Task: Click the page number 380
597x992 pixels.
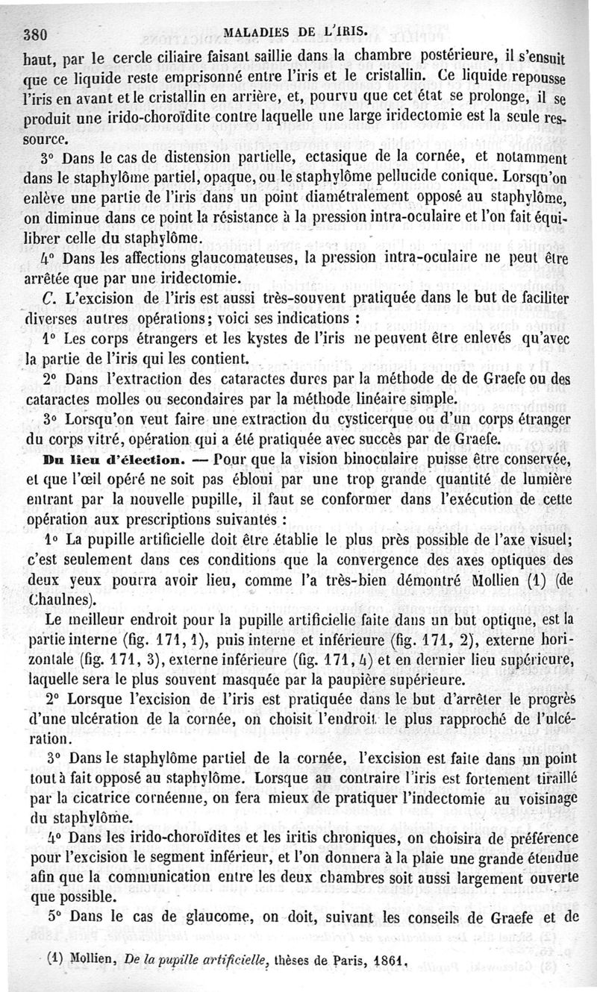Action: tap(36, 33)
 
